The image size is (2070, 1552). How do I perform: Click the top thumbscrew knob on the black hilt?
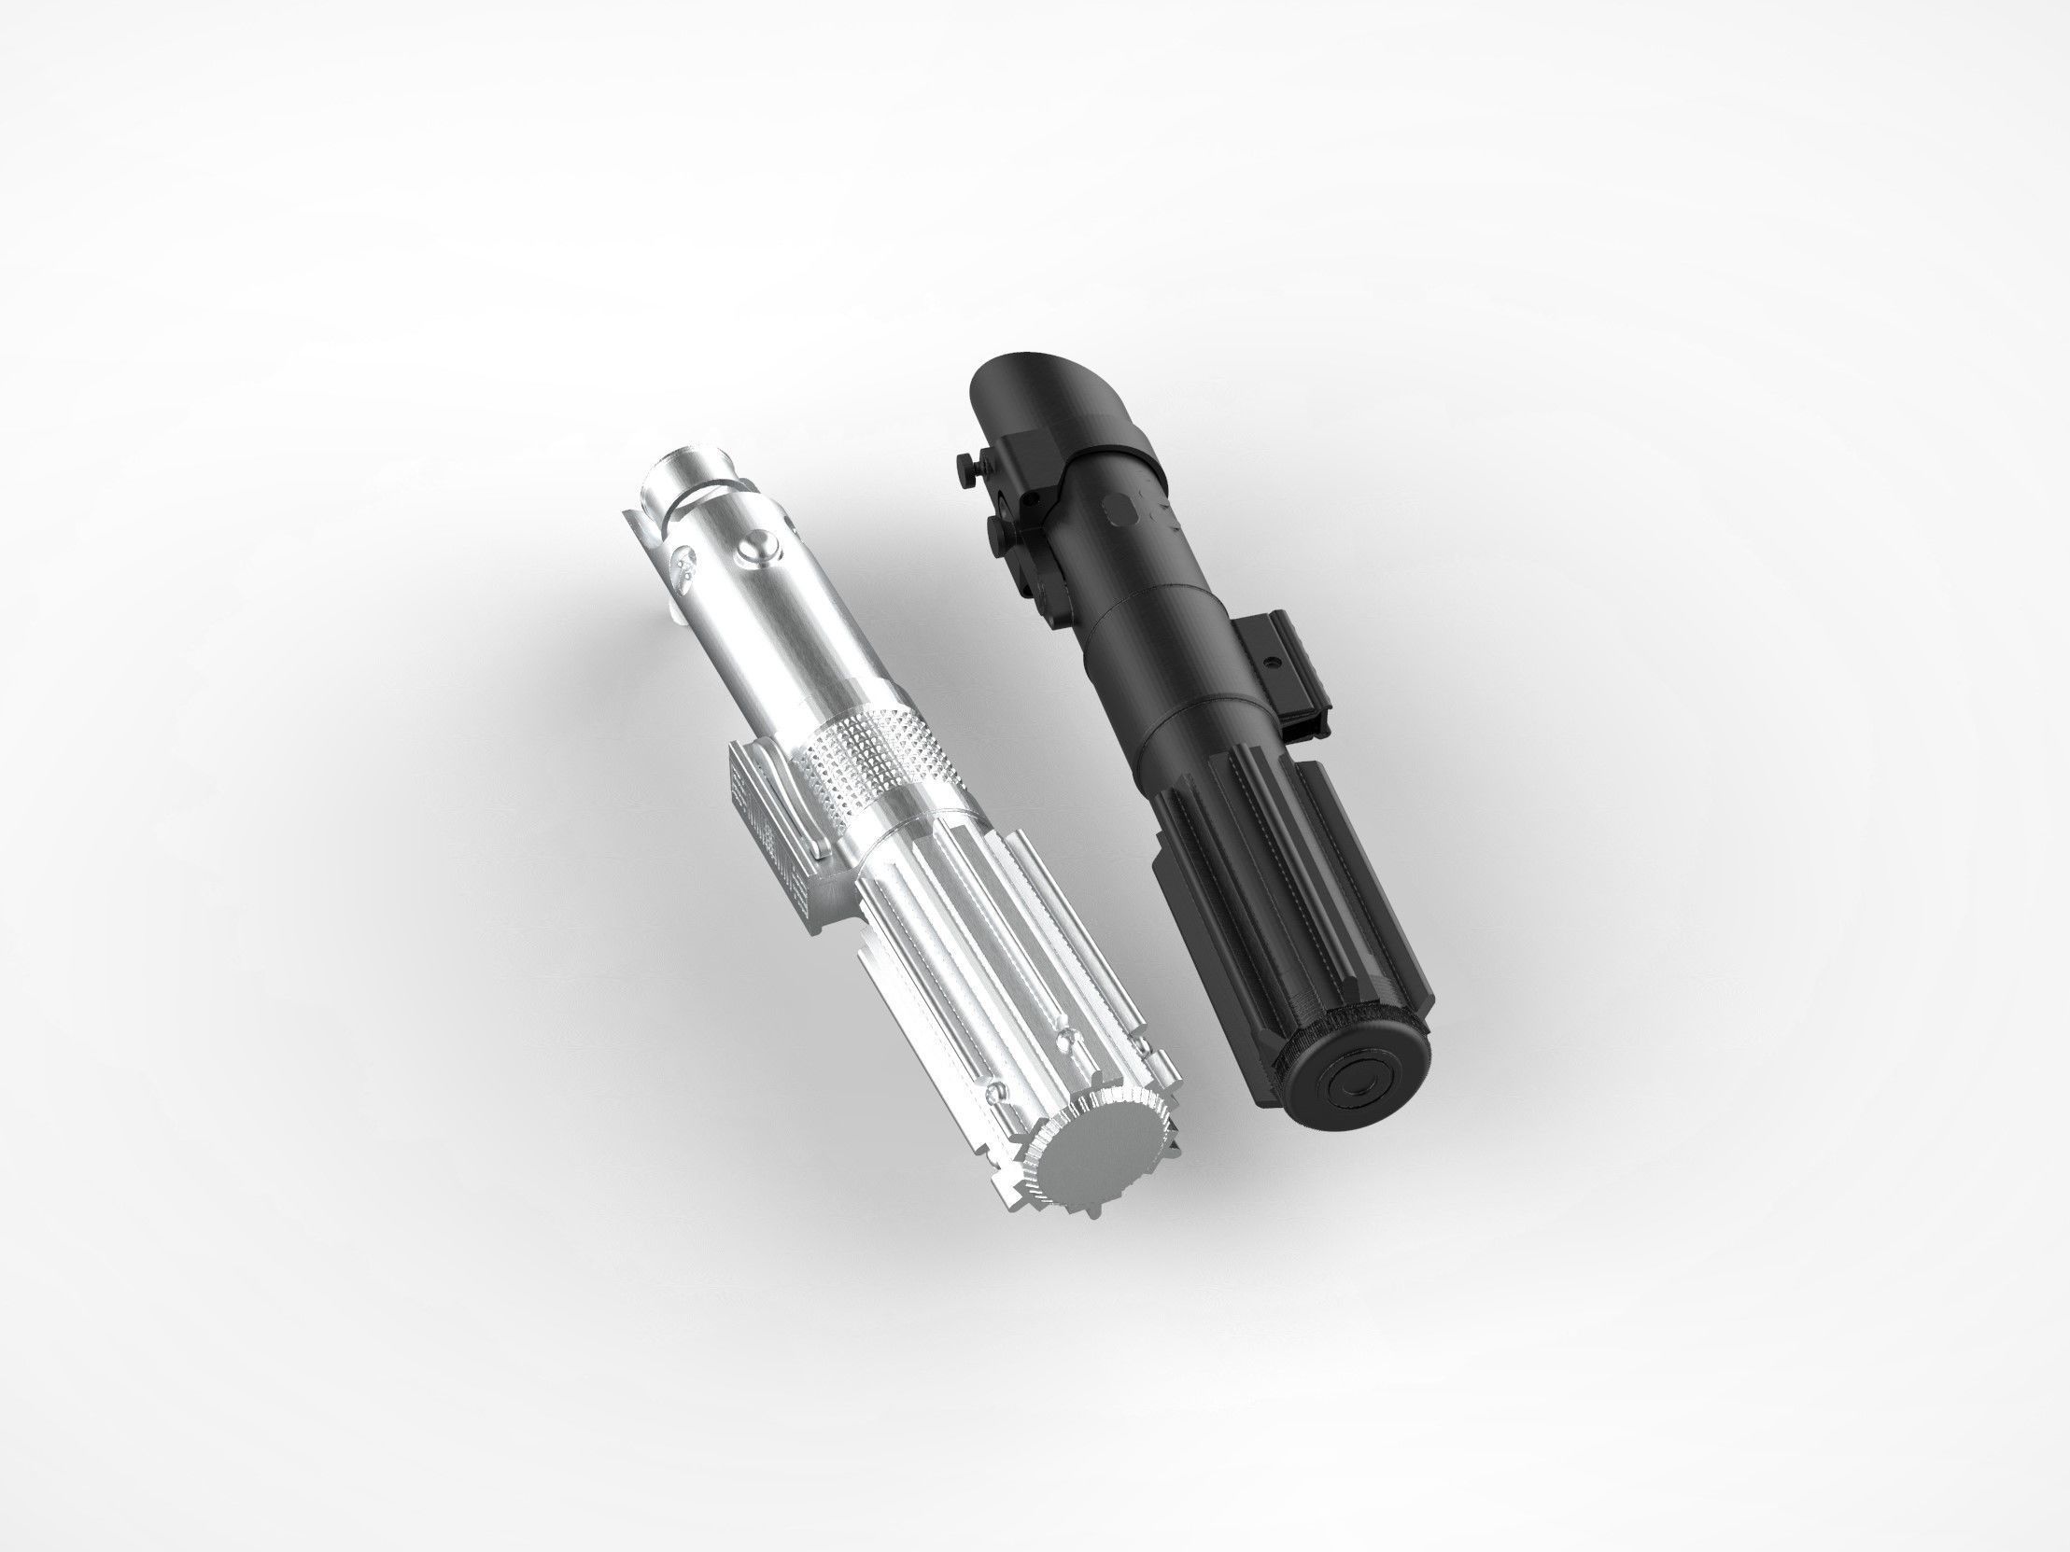tap(966, 462)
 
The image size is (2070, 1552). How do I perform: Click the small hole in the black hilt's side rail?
tap(1271, 662)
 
